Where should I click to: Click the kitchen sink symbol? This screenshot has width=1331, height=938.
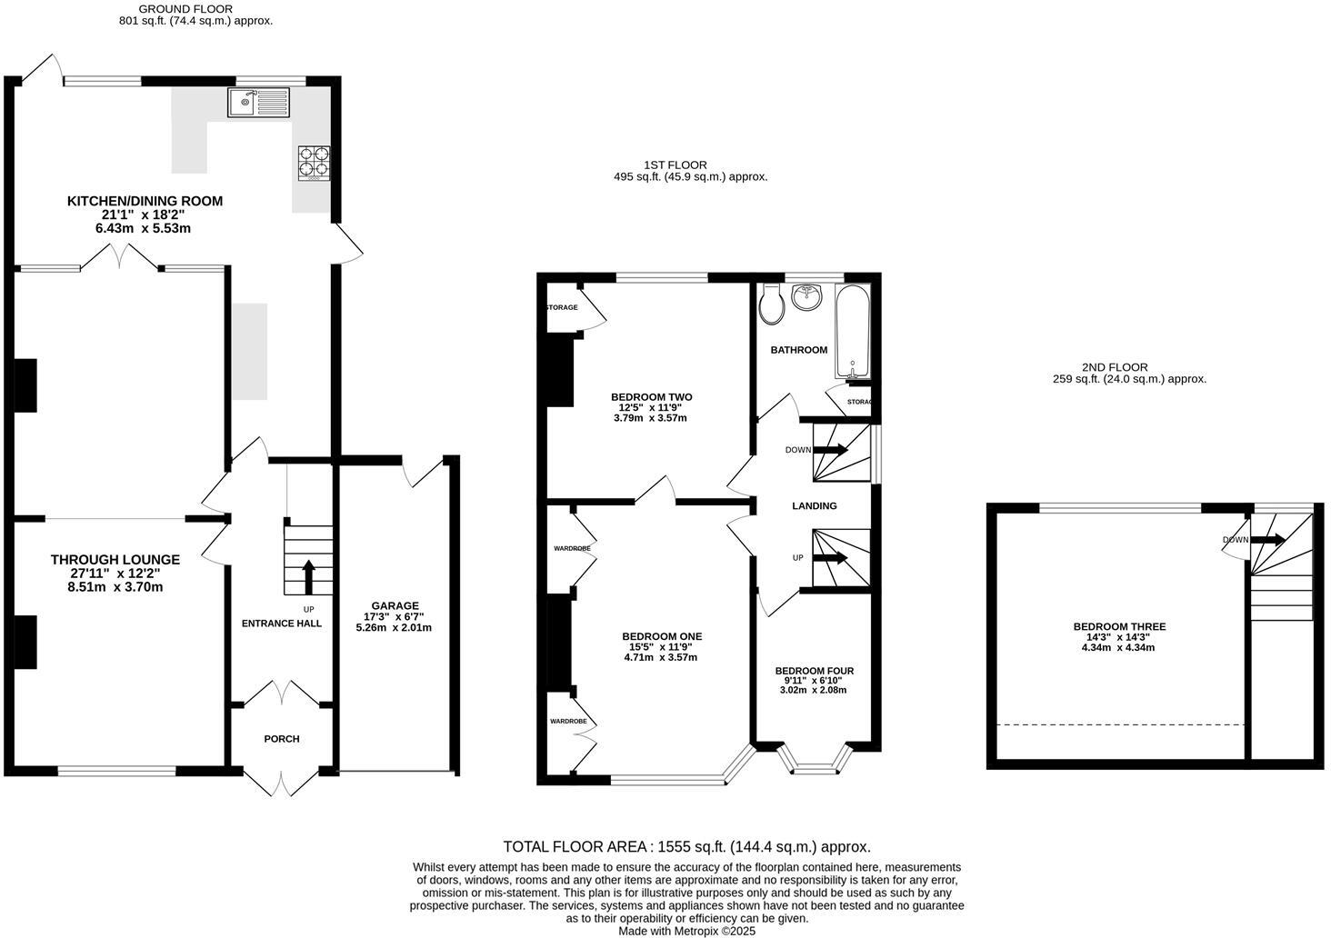click(259, 103)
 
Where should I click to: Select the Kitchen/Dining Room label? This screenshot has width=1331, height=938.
click(145, 201)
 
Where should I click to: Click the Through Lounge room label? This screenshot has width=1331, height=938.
click(115, 560)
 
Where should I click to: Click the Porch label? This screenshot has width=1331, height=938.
click(282, 739)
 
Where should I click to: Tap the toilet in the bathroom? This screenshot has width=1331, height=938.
click(772, 304)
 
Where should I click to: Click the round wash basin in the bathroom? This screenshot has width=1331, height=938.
click(806, 296)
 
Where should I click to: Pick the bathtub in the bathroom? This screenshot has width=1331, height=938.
click(853, 332)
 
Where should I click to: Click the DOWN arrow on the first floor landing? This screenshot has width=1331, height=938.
click(831, 450)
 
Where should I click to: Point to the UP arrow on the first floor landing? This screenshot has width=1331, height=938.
click(831, 557)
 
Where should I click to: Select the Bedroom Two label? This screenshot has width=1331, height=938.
click(652, 397)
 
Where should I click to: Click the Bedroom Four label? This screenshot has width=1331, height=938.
click(814, 671)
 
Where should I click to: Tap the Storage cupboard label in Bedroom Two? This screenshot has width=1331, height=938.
click(563, 307)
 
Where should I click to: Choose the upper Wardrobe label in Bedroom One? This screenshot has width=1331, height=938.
click(572, 548)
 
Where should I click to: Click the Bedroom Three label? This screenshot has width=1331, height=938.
click(1119, 626)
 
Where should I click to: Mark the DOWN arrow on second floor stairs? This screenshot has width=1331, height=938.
click(1269, 540)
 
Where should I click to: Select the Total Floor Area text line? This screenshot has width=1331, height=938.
click(686, 846)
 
